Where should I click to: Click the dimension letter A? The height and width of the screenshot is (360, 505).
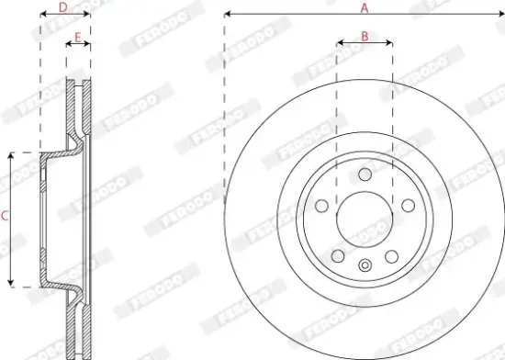click(365, 8)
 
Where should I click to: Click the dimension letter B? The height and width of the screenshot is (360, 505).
click(365, 37)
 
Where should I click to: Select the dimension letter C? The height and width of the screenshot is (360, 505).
click(5, 216)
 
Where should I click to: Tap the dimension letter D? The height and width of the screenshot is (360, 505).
click(63, 7)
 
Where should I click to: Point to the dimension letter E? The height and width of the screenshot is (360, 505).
click(78, 38)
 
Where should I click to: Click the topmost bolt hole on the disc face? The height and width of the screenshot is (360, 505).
click(365, 174)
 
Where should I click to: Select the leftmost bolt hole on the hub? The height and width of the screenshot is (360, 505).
click(321, 206)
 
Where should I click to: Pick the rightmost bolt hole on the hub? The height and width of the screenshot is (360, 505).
click(409, 206)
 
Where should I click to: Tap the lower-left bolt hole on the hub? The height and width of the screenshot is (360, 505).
click(338, 256)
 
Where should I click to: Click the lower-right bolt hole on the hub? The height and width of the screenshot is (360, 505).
click(392, 256)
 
